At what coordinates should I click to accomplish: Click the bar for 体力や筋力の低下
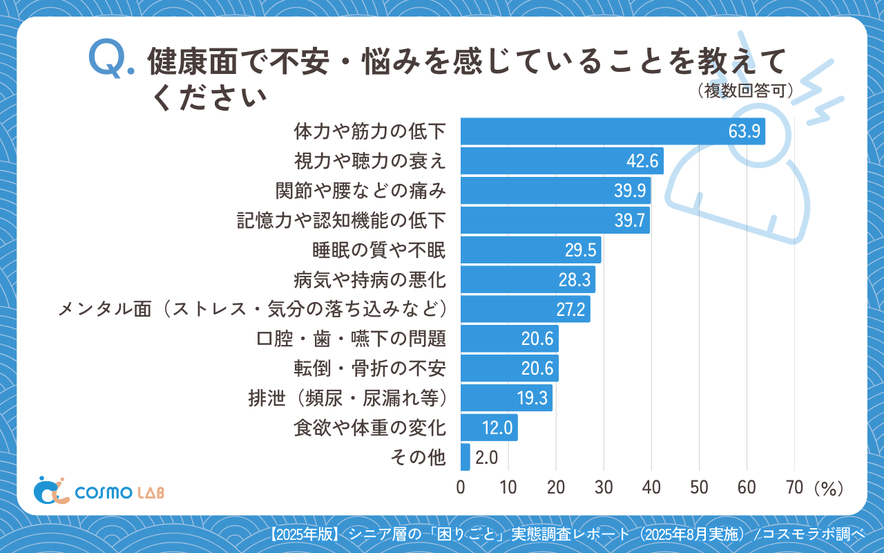[x=613, y=131]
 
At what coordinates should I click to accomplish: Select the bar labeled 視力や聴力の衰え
[x=561, y=161]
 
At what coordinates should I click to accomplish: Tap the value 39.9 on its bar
[x=630, y=191]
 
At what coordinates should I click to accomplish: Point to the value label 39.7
[x=629, y=221]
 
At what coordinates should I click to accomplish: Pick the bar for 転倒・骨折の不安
[x=509, y=368]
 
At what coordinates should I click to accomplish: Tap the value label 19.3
[x=532, y=398]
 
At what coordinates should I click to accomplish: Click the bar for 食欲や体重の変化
[x=489, y=428]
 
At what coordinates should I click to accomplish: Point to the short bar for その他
[x=465, y=458]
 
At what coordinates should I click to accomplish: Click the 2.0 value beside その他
[x=486, y=458]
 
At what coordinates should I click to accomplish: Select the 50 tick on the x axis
[x=699, y=487]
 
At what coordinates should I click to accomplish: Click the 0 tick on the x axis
[x=461, y=487]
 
